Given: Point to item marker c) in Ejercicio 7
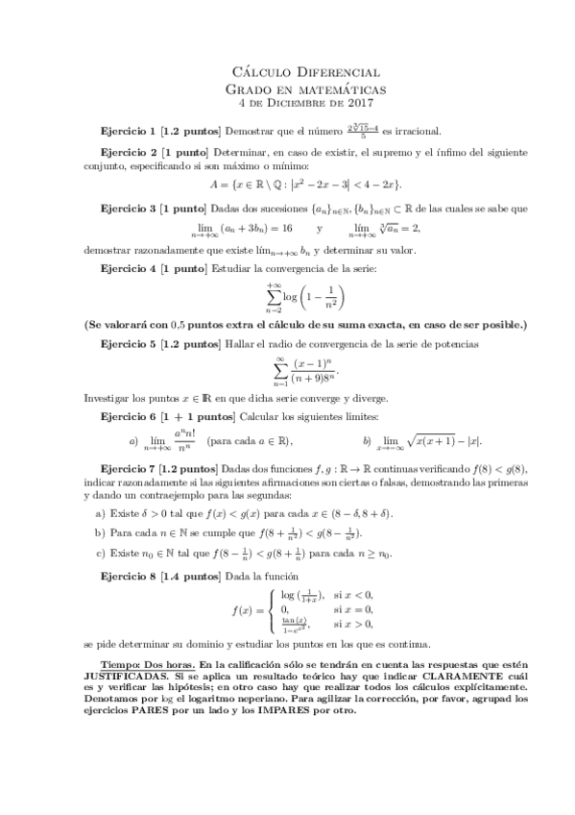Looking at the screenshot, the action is [x=99, y=553].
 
